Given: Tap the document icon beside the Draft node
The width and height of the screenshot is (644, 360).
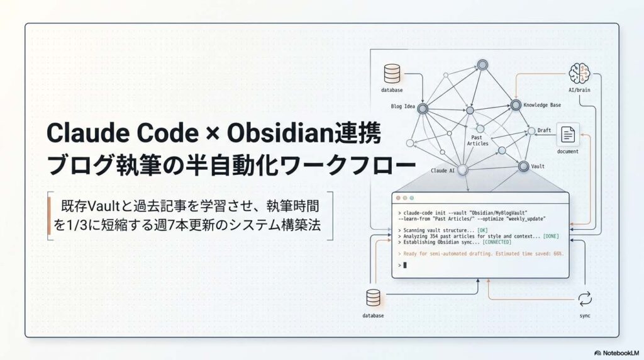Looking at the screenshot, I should pyautogui.click(x=567, y=135).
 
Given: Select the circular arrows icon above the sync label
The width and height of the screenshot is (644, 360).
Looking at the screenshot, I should pyautogui.click(x=586, y=298).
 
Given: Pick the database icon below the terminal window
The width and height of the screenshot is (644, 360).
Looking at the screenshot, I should pyautogui.click(x=373, y=298).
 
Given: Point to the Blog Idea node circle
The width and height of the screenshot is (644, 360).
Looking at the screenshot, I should pyautogui.click(x=423, y=110).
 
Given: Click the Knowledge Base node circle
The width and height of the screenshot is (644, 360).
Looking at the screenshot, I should pyautogui.click(x=516, y=105).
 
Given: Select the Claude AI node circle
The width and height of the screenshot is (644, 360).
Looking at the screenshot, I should pyautogui.click(x=463, y=169).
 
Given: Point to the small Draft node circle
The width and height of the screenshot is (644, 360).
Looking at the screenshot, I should pyautogui.click(x=530, y=132).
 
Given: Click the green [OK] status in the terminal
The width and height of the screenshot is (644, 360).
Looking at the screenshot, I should pyautogui.click(x=482, y=230).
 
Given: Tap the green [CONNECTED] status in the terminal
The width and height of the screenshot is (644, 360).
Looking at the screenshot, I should pyautogui.click(x=496, y=242).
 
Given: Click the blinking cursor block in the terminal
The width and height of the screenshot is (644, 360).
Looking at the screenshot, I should pyautogui.click(x=405, y=265).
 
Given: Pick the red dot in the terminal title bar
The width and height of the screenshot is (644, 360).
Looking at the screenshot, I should pyautogui.click(x=396, y=199).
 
